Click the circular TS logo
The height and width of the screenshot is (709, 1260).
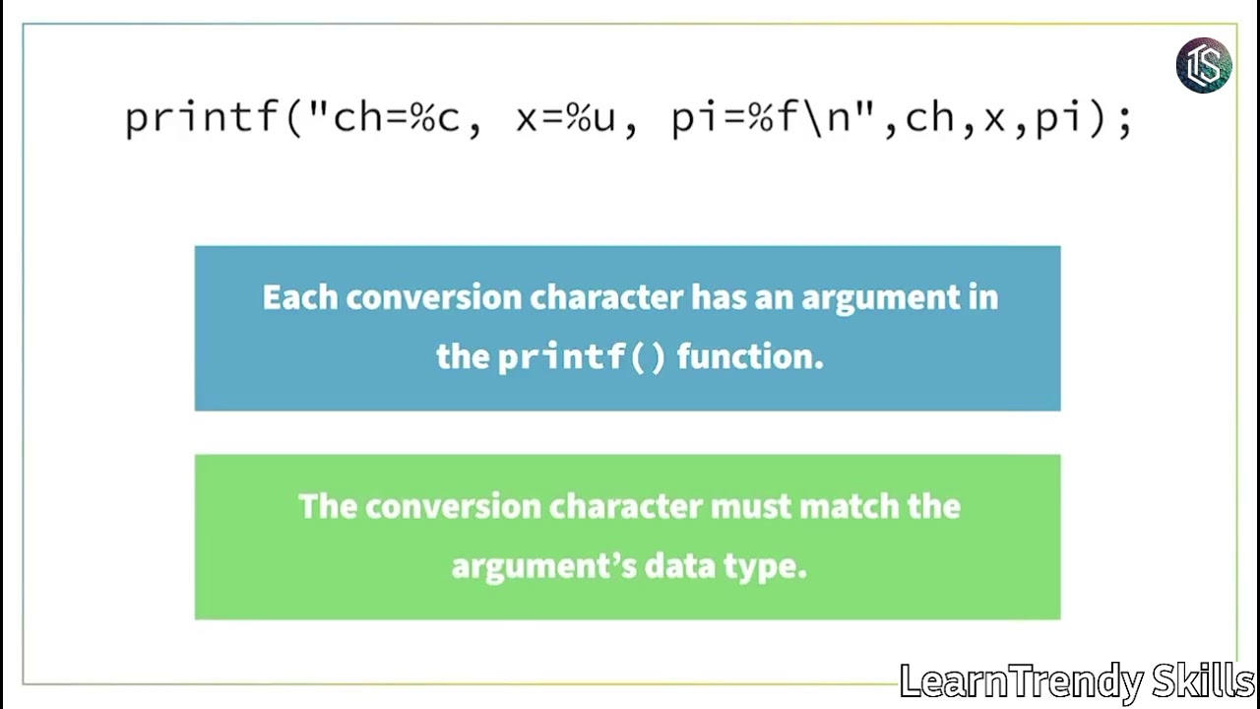1204,65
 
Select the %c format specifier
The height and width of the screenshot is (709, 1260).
435,118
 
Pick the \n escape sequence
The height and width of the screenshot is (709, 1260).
822,118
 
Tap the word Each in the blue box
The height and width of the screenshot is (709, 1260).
299,297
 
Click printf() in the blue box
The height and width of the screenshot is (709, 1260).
582,356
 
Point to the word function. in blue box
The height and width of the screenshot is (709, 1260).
749,356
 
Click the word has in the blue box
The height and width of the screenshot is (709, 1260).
720,297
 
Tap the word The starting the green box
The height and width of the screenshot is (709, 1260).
328,506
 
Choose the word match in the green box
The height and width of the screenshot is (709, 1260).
843,506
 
